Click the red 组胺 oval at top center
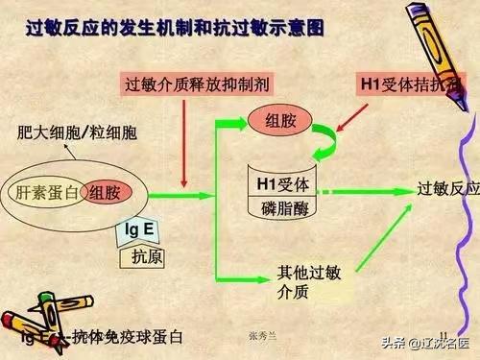(276, 120)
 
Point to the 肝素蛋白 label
(48, 193)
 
